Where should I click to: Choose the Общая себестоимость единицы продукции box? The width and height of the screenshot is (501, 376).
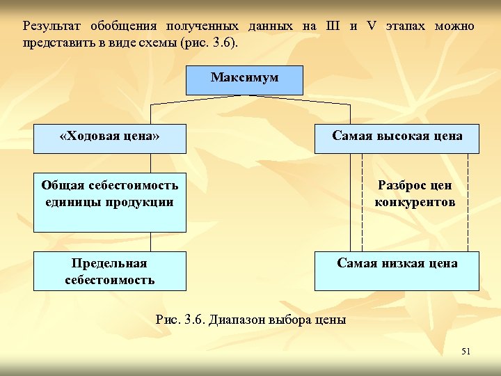[110, 202]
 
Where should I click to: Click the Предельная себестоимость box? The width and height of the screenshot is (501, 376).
[110, 271]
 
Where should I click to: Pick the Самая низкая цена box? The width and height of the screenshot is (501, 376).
[397, 271]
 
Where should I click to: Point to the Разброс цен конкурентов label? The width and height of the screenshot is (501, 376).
[415, 194]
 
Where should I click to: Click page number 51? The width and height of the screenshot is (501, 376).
[466, 352]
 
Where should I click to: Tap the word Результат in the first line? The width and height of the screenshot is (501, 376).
[52, 26]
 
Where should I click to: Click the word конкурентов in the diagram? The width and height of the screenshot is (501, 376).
[415, 203]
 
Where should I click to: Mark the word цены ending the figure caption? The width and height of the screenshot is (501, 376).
[331, 320]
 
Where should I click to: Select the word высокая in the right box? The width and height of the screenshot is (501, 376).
[401, 136]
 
